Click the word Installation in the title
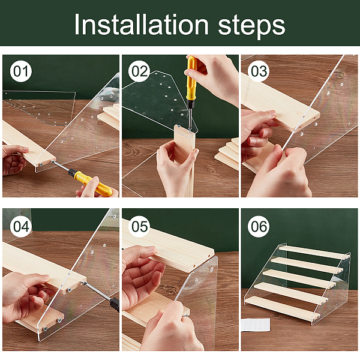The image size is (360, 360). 141,24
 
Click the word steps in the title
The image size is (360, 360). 251,26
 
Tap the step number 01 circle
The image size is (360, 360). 21,71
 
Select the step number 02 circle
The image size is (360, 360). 140,71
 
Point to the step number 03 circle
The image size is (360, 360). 259,71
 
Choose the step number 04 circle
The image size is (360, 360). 21,227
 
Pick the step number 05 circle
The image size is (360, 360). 140,227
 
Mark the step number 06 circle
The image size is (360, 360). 259,227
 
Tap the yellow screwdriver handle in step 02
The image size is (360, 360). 191,78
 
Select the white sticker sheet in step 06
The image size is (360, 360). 256,325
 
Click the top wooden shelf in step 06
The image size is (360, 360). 313,252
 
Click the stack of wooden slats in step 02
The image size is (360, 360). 227,154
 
